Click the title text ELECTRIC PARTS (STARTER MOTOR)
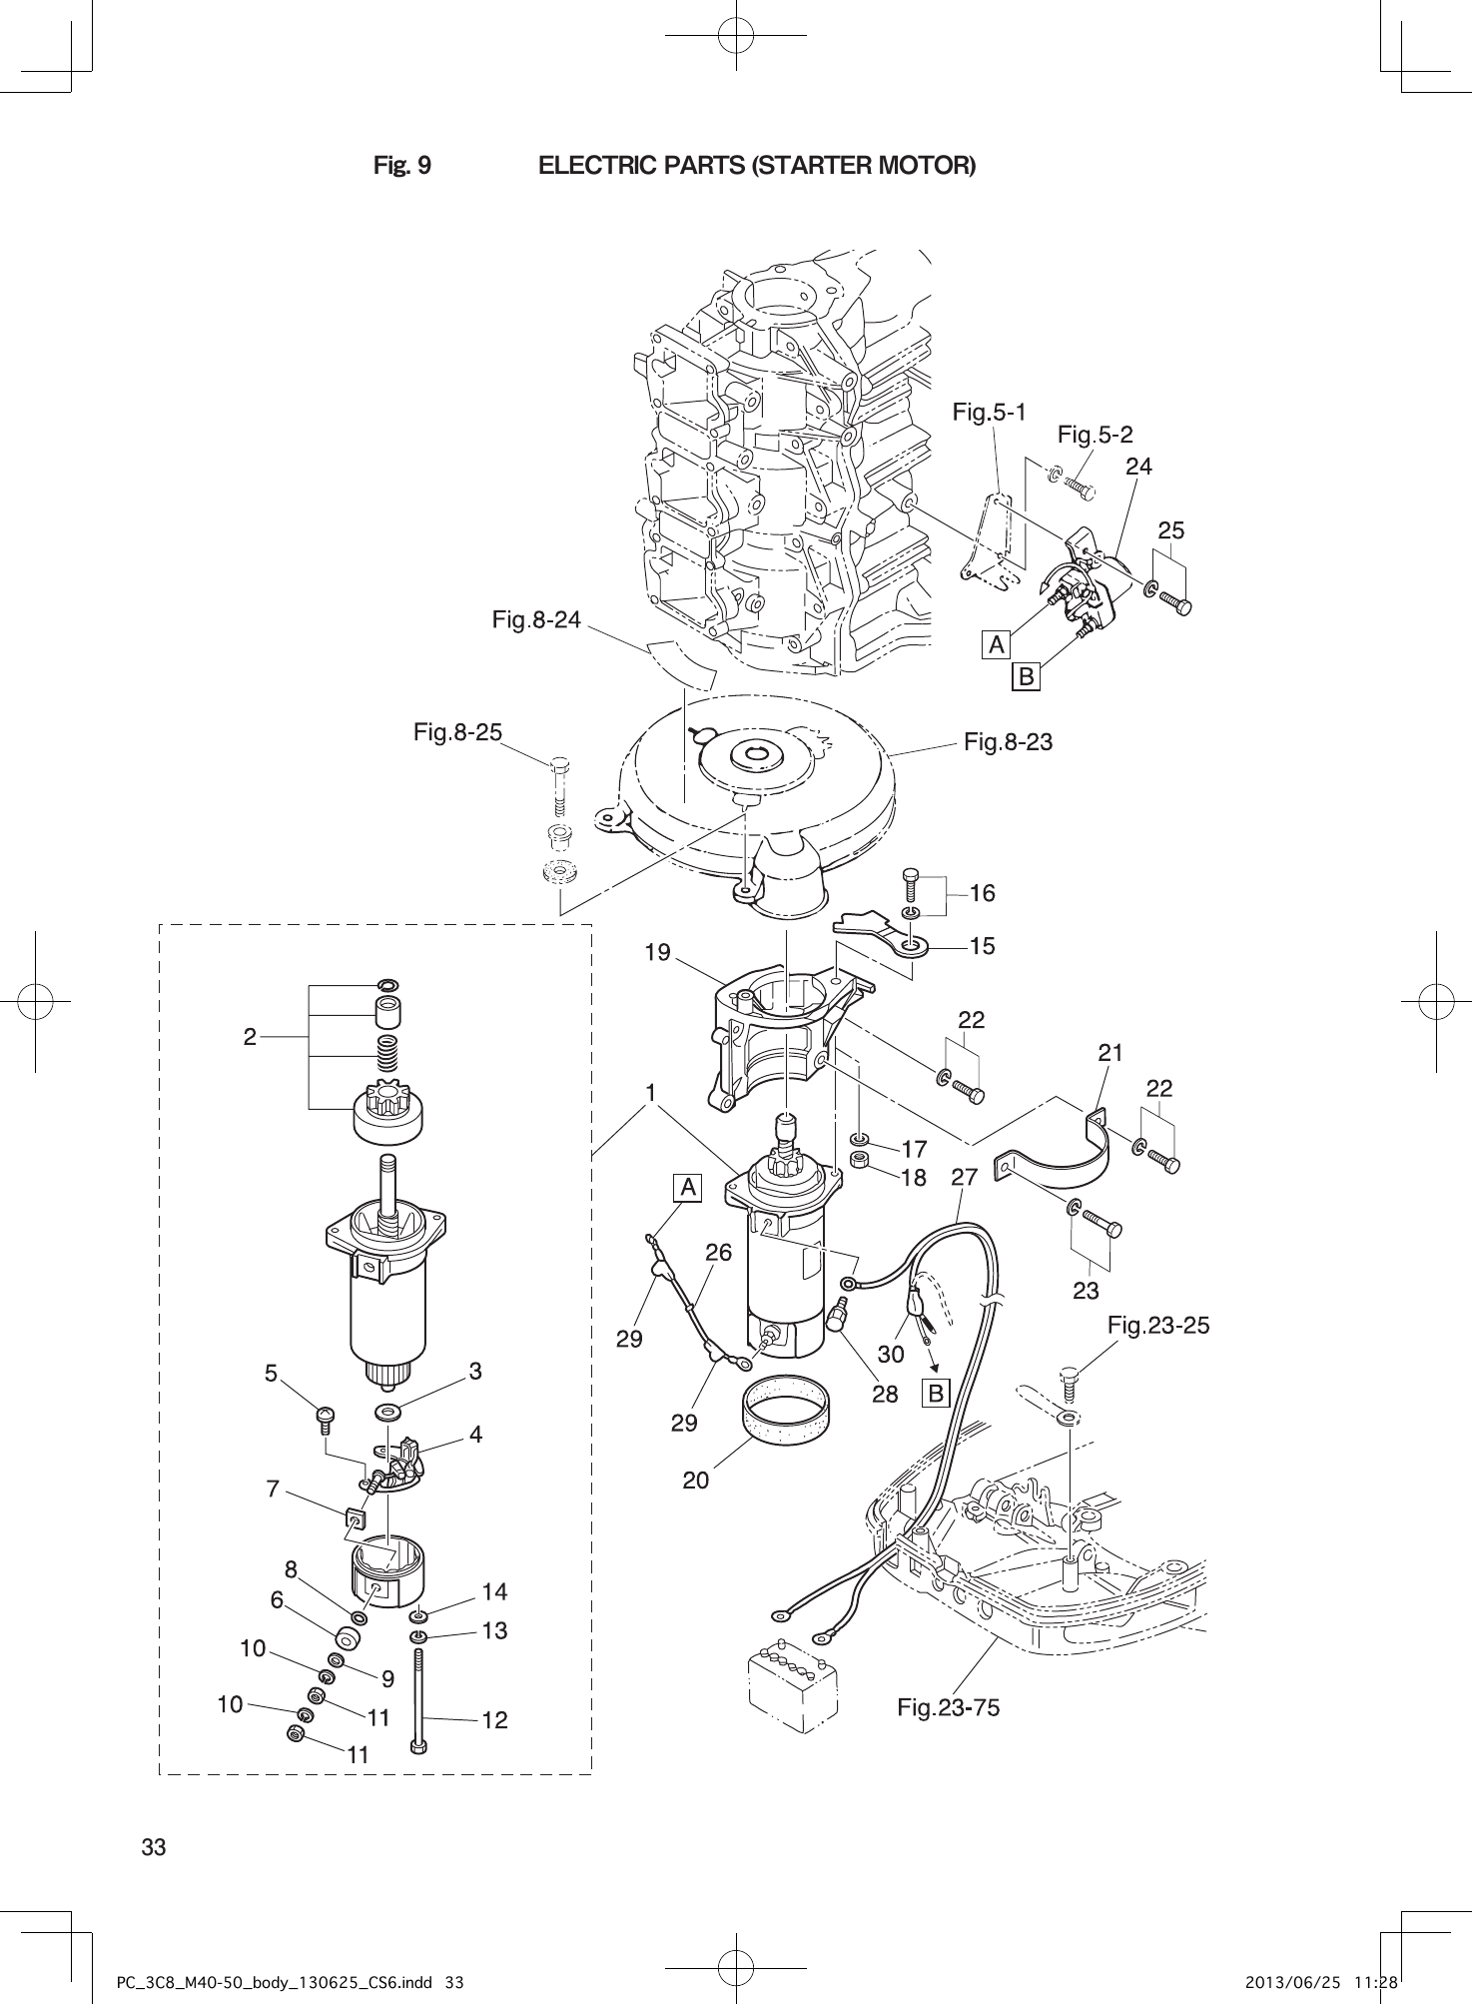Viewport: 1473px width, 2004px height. pos(756,165)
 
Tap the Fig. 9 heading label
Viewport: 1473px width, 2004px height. pos(402,165)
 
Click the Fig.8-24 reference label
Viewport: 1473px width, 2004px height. pos(536,620)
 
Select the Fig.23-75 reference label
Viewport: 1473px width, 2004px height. pos(948,1707)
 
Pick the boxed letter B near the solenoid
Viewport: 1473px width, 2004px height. pos(1025,677)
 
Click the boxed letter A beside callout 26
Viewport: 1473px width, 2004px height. pos(688,1188)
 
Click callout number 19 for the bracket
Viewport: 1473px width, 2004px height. pos(657,952)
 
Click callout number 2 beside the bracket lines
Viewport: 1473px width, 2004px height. pos(250,1037)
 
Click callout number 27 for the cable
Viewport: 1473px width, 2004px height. pos(964,1177)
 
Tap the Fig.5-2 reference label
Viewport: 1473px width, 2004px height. pos(1095,435)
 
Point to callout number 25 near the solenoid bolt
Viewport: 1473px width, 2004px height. pos(1171,530)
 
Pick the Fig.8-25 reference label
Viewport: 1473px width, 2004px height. pos(457,732)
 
